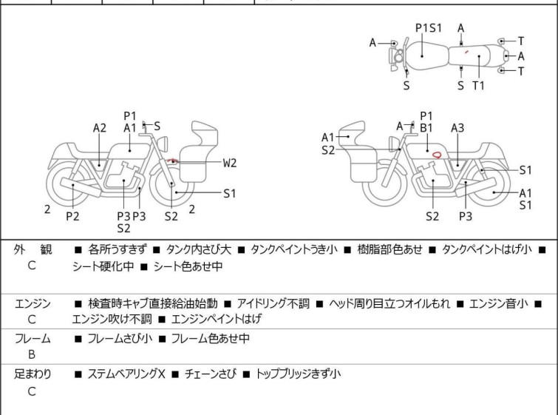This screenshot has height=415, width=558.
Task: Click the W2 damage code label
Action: click(231, 162)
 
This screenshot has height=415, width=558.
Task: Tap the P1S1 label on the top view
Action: click(428, 28)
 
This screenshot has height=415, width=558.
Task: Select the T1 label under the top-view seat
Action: click(479, 86)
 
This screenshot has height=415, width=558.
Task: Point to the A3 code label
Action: click(457, 128)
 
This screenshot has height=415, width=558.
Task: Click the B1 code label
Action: click(426, 128)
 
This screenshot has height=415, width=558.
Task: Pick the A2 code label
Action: click(100, 128)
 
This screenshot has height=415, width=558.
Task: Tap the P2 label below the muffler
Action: click(72, 216)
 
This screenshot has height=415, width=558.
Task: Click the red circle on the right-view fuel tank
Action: click(438, 155)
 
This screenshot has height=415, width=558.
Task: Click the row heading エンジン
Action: click(33, 303)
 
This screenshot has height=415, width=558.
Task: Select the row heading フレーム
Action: click(33, 339)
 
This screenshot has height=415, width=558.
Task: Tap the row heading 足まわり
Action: click(33, 374)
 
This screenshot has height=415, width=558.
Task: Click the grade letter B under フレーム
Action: click(32, 354)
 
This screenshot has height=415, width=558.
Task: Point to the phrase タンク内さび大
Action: click(207, 250)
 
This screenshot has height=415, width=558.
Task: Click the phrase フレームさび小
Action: click(120, 339)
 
